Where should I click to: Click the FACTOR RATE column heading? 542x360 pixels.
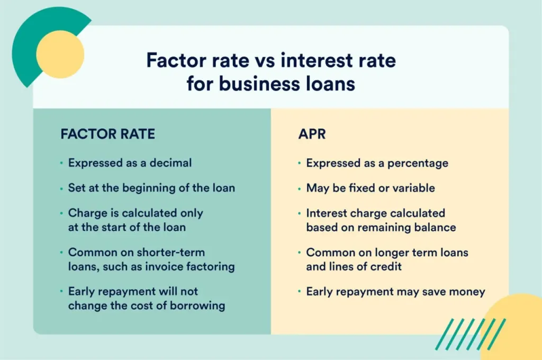(107, 134)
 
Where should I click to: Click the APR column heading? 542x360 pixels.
(312, 134)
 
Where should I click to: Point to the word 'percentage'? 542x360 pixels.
(418, 163)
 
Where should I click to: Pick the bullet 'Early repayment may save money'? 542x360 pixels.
(395, 291)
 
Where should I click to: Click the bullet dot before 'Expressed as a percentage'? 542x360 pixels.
(300, 163)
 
